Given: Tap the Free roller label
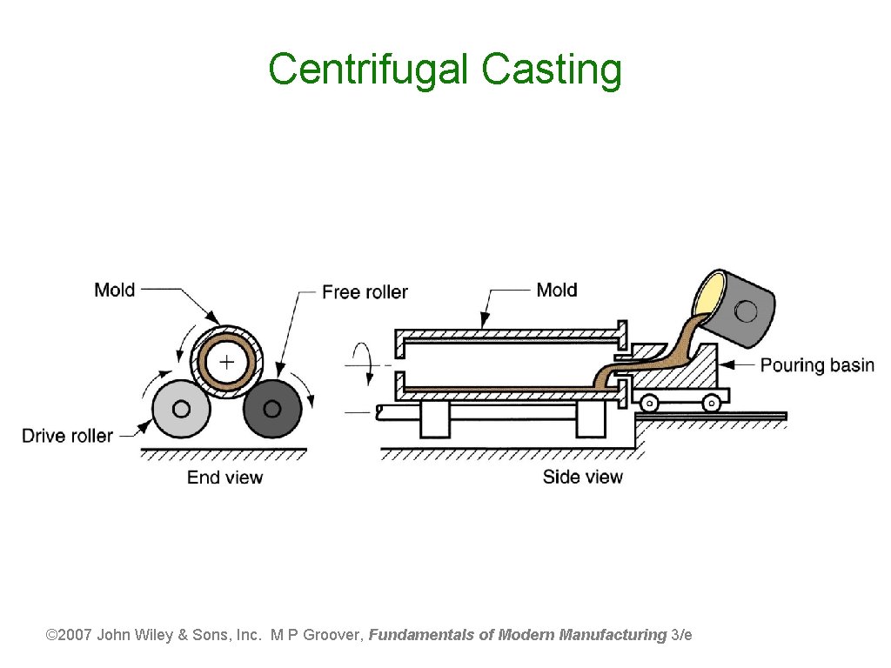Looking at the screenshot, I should (365, 292).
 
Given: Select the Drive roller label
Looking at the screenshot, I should (67, 435).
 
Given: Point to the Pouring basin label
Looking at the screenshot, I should (817, 364).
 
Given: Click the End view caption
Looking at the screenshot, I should (224, 477).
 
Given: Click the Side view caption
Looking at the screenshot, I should (582, 477).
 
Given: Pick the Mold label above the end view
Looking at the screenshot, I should (115, 290).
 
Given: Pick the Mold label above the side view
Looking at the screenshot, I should (557, 290).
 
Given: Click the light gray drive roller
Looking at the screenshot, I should (181, 408).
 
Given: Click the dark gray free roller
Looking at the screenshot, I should (272, 408).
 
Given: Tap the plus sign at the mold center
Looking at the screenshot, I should (226, 361).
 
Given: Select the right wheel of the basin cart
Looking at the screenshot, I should (711, 403).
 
